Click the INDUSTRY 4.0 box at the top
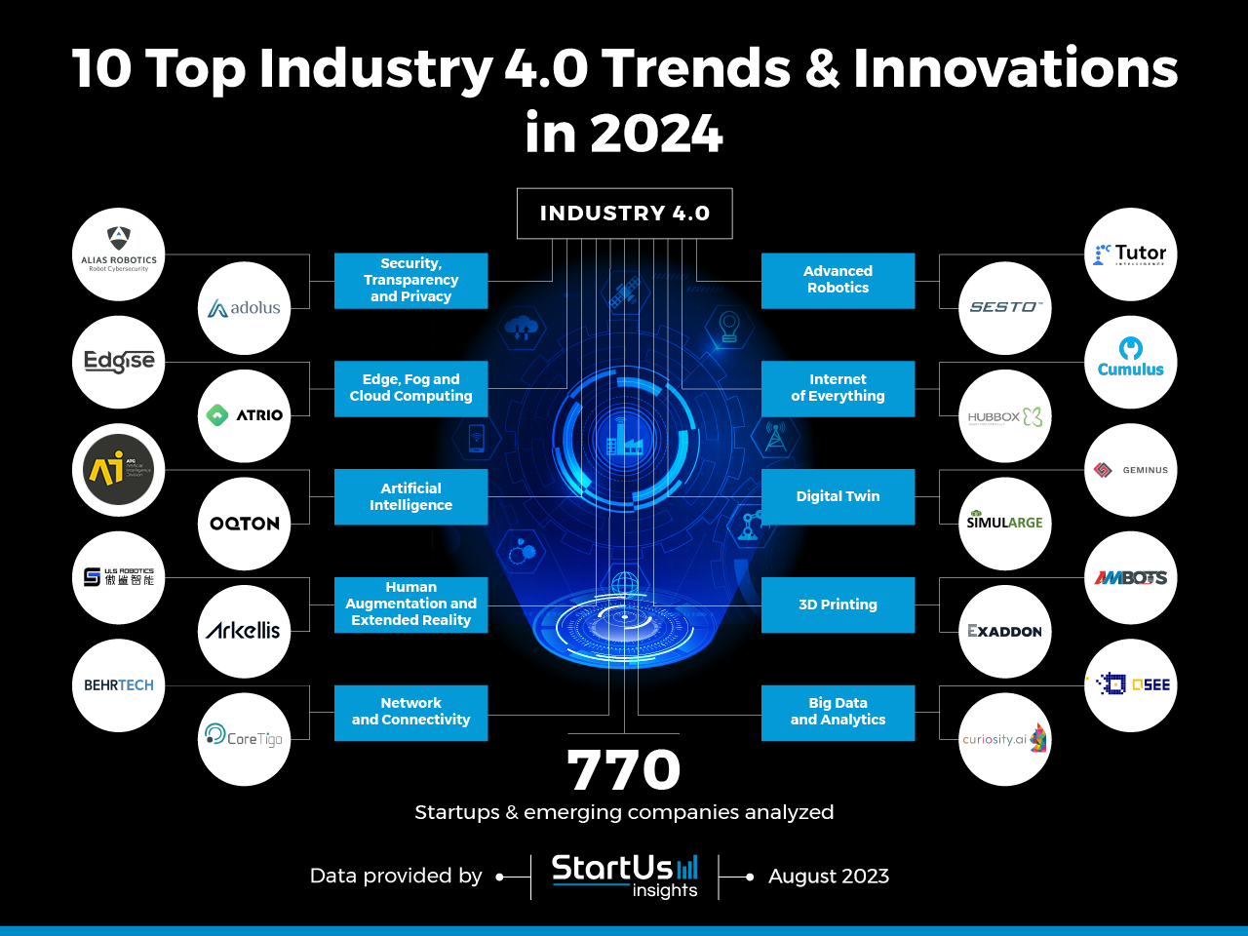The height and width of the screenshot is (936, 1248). pos(624,214)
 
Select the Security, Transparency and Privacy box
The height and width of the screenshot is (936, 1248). pos(410,281)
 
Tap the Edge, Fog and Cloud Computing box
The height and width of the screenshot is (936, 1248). pos(410,388)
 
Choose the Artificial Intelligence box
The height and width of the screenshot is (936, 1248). pos(410,497)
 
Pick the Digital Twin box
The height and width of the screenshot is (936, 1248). pos(838,497)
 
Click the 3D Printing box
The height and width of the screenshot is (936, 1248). pos(838,604)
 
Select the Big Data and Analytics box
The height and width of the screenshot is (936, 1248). pos(838,712)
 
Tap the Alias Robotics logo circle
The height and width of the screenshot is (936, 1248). pos(119,253)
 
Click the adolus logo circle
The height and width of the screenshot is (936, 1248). pos(244,308)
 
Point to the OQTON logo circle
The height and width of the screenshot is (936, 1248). pos(244,524)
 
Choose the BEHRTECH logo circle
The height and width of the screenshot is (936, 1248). pos(119,685)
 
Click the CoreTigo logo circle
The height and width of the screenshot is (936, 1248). pos(244,739)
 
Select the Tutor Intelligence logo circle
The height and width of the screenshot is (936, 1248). pos(1131,253)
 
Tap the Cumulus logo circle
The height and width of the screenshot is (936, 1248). pos(1131,362)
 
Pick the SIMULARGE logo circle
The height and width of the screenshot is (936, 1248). pos(1004,524)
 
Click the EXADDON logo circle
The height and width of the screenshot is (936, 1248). pos(1004,632)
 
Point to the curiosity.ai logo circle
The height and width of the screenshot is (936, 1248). pos(1004,739)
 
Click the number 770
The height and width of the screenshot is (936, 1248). pos(624,770)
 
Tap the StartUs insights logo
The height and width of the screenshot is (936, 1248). pos(624,876)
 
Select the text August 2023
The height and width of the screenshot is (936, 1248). pos(829,877)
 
